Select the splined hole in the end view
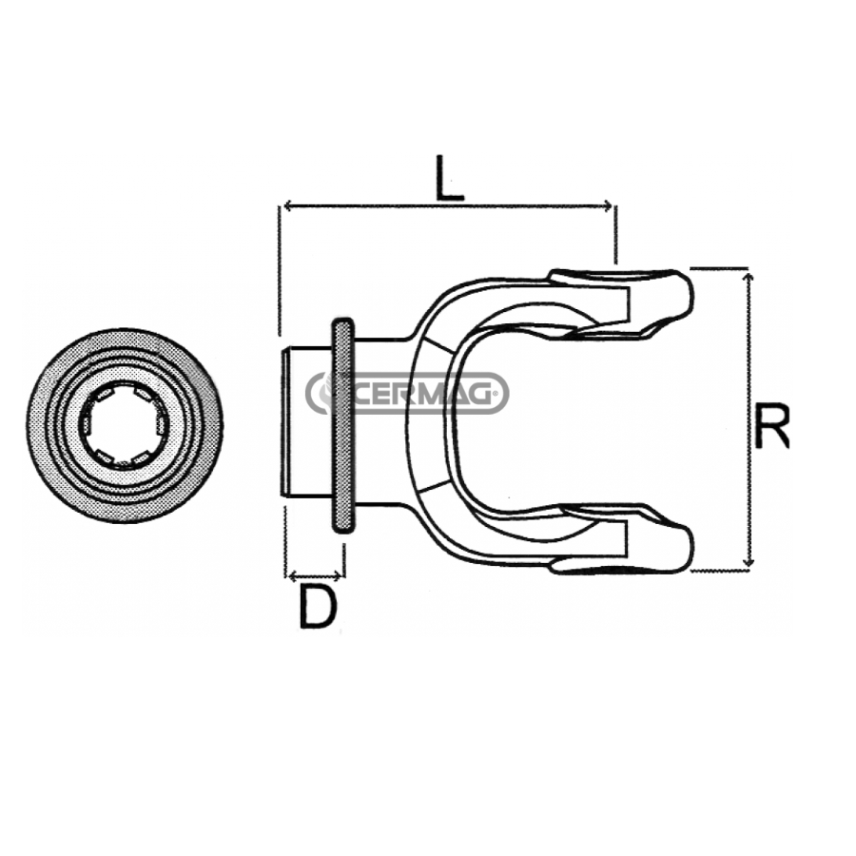click(123, 426)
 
